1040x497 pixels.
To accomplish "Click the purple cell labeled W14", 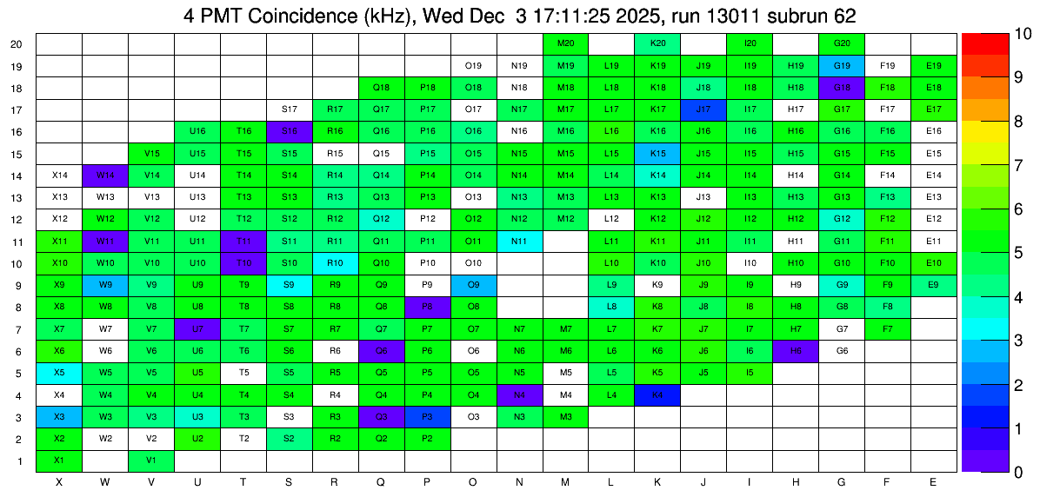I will point(105,176).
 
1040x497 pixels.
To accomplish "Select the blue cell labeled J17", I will point(704,109).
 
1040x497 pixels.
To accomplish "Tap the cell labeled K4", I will point(658,395).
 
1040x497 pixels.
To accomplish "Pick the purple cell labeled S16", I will point(290,131).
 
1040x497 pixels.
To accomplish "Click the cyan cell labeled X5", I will point(59,373).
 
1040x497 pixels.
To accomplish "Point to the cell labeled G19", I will point(842,65).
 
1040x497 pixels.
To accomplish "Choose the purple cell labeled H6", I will point(796,351).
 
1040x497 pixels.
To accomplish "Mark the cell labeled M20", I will point(566,43).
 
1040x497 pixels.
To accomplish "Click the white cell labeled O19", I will point(474,65).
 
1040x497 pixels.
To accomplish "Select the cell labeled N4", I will point(520,395).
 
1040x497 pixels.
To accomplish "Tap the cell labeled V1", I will point(151,461).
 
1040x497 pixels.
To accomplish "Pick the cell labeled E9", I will point(934,285).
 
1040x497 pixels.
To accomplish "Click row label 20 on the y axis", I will point(17,44).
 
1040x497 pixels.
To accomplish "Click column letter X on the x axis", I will point(59,481).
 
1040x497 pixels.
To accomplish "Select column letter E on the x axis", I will point(934,481).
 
